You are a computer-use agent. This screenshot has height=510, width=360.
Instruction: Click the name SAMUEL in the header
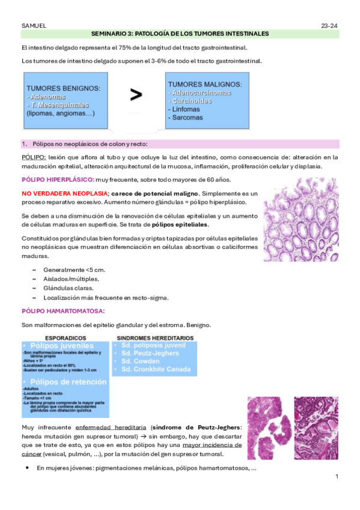coord(34,26)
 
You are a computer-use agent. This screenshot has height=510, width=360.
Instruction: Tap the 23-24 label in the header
coord(330,26)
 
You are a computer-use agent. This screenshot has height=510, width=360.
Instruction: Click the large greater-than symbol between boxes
coord(136,94)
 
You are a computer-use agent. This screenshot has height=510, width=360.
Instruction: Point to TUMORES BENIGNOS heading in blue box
coord(64,88)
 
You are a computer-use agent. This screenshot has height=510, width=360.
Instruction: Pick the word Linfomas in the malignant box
coord(186,109)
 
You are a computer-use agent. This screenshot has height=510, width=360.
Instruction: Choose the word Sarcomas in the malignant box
coord(187,117)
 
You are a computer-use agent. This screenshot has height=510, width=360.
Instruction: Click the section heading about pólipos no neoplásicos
coord(90,144)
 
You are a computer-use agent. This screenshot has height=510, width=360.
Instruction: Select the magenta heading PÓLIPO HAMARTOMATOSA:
coord(63,311)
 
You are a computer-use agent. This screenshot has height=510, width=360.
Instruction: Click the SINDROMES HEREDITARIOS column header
coord(155,338)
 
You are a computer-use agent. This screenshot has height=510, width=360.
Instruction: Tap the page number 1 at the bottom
coord(337,477)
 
